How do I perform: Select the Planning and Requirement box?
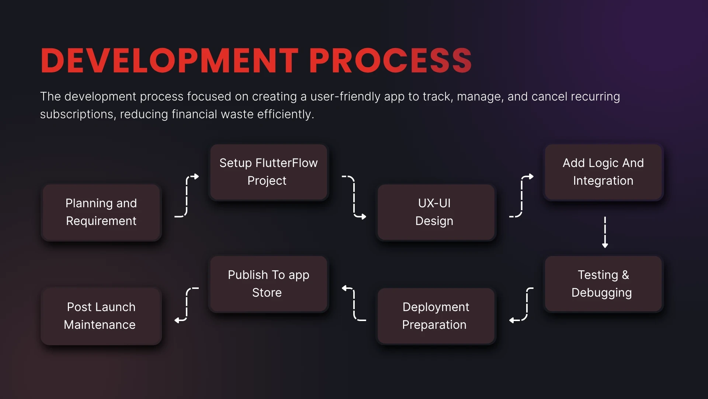point(101,212)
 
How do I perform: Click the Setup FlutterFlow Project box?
point(269,172)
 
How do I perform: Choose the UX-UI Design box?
point(436,212)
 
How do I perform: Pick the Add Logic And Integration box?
point(603,172)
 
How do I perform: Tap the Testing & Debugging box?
point(603,284)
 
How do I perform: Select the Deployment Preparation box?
point(436,316)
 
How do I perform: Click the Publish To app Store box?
point(269,284)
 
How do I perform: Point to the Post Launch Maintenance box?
point(101,316)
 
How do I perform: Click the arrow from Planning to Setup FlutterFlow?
point(187,196)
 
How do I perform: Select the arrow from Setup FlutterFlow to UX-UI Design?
point(354,196)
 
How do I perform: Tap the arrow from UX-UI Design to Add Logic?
point(521,196)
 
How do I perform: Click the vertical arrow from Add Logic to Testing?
point(605,232)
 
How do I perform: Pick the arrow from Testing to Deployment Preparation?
point(527,304)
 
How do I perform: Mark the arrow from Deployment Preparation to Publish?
point(354,304)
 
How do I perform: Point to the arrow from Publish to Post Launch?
point(187,304)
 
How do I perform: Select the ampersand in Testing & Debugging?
point(625,275)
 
